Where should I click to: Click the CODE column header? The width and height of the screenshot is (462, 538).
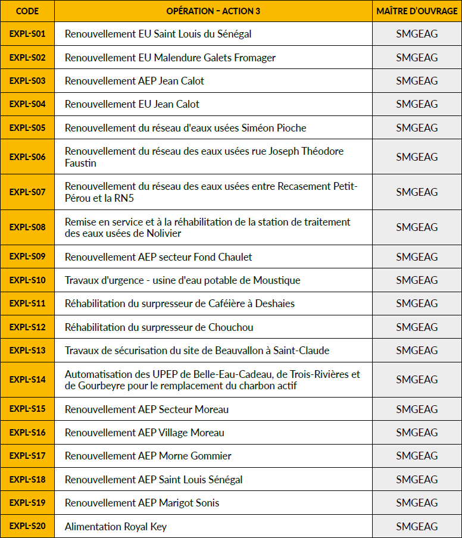[x=27, y=11]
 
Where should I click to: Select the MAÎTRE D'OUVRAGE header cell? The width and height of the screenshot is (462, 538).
[x=417, y=11]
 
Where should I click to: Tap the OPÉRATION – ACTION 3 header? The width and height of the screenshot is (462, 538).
[x=213, y=11]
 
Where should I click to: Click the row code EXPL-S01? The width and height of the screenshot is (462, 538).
[x=27, y=34]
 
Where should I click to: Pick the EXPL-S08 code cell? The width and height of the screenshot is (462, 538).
[x=27, y=227]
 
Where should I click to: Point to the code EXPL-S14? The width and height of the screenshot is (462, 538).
[x=27, y=380]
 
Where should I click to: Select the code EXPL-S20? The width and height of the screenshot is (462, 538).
[x=27, y=526]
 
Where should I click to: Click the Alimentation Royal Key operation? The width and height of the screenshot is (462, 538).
[x=115, y=527]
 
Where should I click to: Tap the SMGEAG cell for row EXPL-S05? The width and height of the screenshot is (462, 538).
[x=417, y=128]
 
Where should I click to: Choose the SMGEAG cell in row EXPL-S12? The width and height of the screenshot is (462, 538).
[x=417, y=327]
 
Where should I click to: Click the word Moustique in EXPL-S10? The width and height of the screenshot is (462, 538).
[x=277, y=280]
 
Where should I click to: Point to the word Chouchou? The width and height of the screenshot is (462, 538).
[x=231, y=327]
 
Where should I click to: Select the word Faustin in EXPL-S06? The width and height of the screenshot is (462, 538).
[x=80, y=163]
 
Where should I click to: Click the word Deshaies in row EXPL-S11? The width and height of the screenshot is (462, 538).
[x=275, y=304]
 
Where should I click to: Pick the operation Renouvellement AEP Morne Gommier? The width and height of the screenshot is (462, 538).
[x=148, y=456]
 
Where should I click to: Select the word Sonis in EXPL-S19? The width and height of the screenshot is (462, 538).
[x=206, y=503]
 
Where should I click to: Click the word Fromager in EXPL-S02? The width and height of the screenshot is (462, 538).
[x=255, y=58]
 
